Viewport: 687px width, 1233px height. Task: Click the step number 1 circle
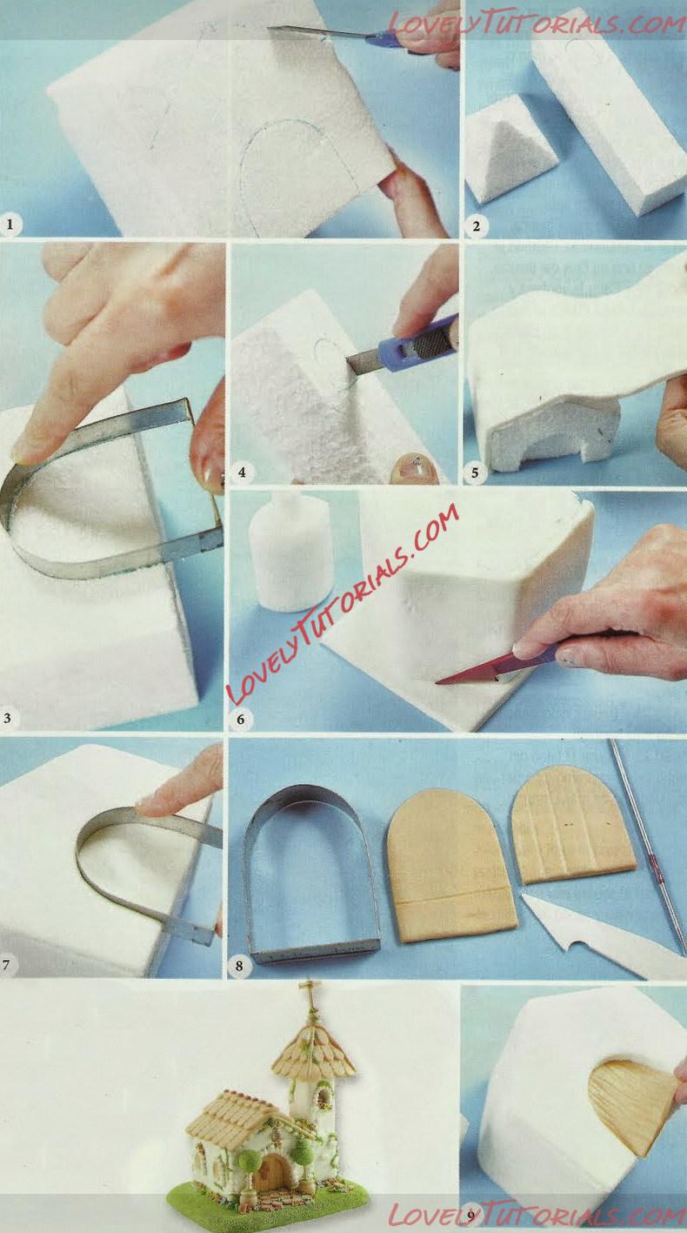point(10,224)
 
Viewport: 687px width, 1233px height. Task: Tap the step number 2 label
point(477,225)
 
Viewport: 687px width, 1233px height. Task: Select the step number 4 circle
point(242,472)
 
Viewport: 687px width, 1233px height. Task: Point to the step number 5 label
point(475,472)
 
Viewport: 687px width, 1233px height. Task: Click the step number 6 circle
point(240,719)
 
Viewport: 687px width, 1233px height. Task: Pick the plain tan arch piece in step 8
point(451,865)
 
